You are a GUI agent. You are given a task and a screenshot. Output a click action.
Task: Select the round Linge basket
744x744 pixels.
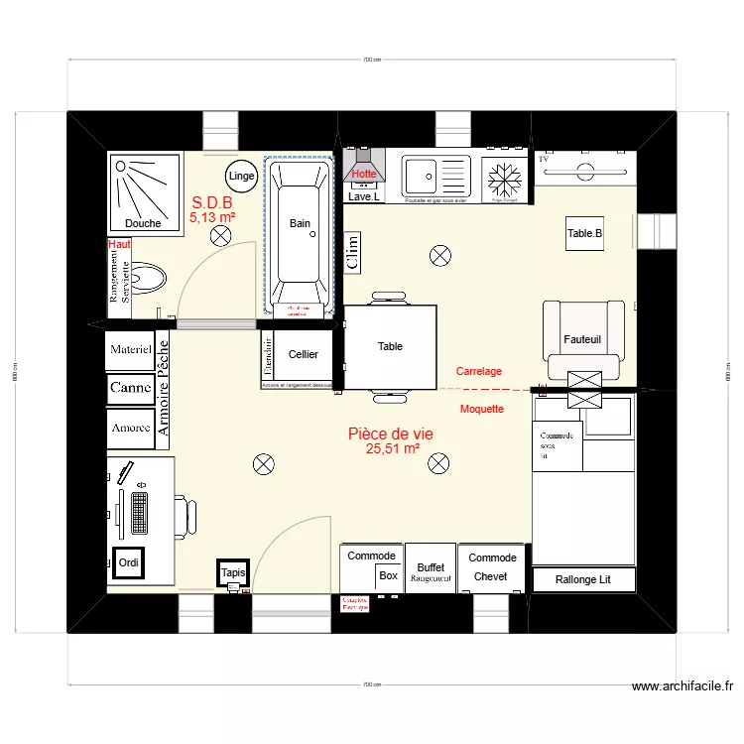[x=241, y=177]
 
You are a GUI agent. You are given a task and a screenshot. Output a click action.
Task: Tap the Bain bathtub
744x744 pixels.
[x=300, y=230]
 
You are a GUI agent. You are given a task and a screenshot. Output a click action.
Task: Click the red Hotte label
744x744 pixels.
[x=364, y=174]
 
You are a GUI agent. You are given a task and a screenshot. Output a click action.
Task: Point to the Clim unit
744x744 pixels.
[x=351, y=252]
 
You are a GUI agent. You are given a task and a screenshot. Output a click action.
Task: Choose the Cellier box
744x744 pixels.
[x=303, y=355]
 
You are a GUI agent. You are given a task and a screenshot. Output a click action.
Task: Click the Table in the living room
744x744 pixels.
[x=390, y=347]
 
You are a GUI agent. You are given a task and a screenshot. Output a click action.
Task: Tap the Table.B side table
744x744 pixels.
[x=584, y=234]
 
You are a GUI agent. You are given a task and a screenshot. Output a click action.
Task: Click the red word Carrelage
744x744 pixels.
[x=478, y=371]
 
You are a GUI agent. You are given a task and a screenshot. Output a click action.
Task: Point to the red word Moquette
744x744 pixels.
[x=483, y=409]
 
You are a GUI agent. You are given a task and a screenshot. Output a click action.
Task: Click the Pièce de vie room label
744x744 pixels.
[x=390, y=434]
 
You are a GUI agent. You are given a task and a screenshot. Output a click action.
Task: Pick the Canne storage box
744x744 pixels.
[x=130, y=388]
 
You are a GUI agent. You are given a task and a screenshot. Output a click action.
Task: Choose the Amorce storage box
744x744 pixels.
[x=130, y=428]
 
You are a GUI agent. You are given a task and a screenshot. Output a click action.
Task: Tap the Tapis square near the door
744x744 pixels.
[x=232, y=572]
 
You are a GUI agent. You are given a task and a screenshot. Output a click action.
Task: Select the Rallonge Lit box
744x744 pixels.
[x=583, y=580]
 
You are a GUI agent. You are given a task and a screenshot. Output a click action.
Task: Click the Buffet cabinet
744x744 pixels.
[x=431, y=567]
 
